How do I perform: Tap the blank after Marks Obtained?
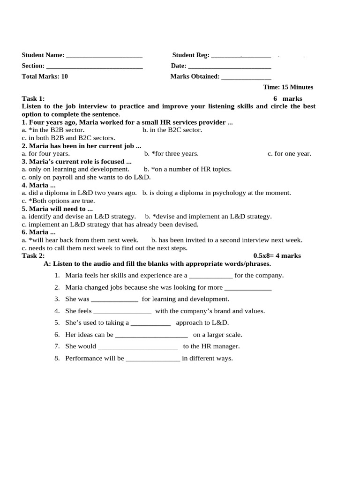point(246,77)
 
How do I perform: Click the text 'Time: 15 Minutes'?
point(288,87)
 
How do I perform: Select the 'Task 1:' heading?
point(33,98)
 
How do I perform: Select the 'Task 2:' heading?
point(33,255)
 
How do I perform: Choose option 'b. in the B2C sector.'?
point(172,130)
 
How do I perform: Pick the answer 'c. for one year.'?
point(289,153)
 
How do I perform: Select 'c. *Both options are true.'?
point(58,201)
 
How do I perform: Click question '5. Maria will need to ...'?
point(57,209)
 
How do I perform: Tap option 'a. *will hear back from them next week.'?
point(80,240)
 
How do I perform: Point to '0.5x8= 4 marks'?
point(277,255)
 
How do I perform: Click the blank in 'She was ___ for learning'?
point(114,300)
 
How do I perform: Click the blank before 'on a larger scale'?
point(151,335)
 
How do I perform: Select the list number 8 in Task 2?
point(57,359)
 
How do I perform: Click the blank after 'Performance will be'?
point(153,359)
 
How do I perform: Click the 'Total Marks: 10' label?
point(45,76)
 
